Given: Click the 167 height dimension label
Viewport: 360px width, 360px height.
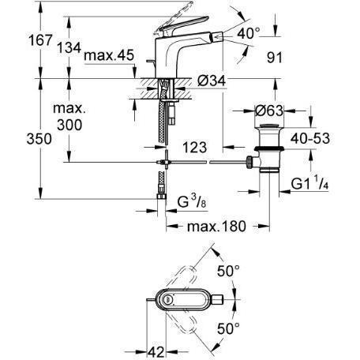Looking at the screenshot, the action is coord(41,40).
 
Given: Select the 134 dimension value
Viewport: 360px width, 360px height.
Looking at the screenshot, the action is coord(69,47).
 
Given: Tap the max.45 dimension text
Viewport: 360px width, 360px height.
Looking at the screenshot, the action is coord(109,55).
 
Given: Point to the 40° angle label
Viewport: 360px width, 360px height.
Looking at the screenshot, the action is coord(248,34).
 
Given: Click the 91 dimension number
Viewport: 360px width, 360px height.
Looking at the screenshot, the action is coord(275,58).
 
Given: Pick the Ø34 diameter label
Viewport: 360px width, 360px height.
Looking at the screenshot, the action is coord(212,81).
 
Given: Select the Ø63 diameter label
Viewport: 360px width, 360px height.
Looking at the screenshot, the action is coord(269,111).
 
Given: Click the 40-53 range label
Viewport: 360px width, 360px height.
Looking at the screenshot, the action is coord(310,138).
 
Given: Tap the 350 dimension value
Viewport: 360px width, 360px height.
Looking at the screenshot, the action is coord(39,139).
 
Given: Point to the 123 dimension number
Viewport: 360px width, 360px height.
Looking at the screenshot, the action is coord(195,148).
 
